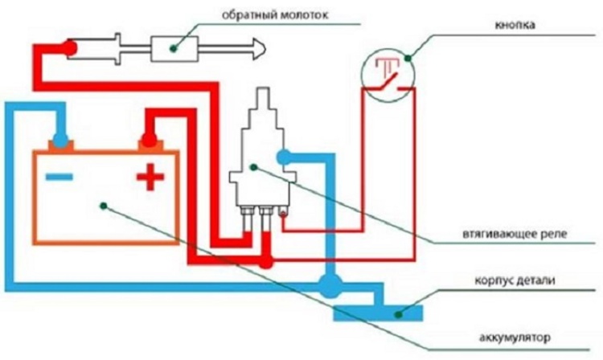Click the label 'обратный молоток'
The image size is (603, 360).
(275, 16)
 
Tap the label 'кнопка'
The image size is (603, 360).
(515, 26)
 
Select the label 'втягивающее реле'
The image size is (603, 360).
(515, 234)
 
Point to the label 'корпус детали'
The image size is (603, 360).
(515, 280)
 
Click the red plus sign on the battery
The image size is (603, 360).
(150, 177)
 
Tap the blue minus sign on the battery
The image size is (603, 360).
(59, 177)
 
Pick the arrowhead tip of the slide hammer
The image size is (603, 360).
(266, 49)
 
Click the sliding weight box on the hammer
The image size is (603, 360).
(174, 49)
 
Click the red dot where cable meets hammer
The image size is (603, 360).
(70, 49)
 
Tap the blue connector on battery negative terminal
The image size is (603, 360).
(61, 141)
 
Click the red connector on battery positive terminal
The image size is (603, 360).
(149, 140)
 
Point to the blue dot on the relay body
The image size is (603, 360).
(284, 157)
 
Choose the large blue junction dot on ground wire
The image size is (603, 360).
(330, 286)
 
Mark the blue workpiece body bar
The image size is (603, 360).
(378, 313)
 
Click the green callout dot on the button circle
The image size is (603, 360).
(408, 59)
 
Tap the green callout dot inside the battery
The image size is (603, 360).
(104, 206)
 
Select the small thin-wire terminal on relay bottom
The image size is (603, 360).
(284, 213)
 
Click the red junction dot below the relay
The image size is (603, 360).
(266, 263)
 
